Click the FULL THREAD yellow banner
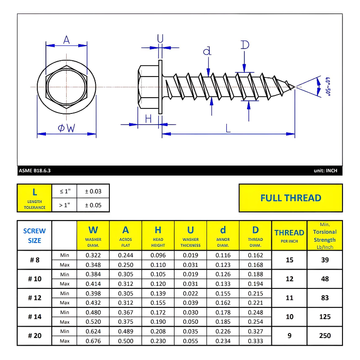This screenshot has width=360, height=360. click(291, 198)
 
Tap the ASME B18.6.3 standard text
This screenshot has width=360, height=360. click(35, 171)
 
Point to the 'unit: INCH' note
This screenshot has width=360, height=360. click(325, 171)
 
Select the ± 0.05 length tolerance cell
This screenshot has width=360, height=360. click(93, 206)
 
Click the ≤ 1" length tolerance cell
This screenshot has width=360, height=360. click(64, 191)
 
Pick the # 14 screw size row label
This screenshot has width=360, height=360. click(35, 317)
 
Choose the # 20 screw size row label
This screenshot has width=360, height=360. click(35, 336)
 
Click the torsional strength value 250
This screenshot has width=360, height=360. click(324, 336)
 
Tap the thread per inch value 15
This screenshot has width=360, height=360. click(289, 260)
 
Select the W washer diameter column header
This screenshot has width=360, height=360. click(93, 235)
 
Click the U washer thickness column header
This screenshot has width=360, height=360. click(190, 235)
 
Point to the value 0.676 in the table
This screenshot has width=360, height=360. click(93, 341)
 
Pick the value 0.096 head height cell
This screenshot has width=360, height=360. click(158, 255)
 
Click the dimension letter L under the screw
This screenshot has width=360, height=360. click(228, 128)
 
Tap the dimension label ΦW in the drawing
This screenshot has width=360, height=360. click(66, 128)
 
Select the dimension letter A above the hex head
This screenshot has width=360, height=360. click(67, 40)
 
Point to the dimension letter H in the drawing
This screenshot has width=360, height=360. click(148, 118)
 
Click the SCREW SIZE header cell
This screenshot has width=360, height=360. click(35, 235)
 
